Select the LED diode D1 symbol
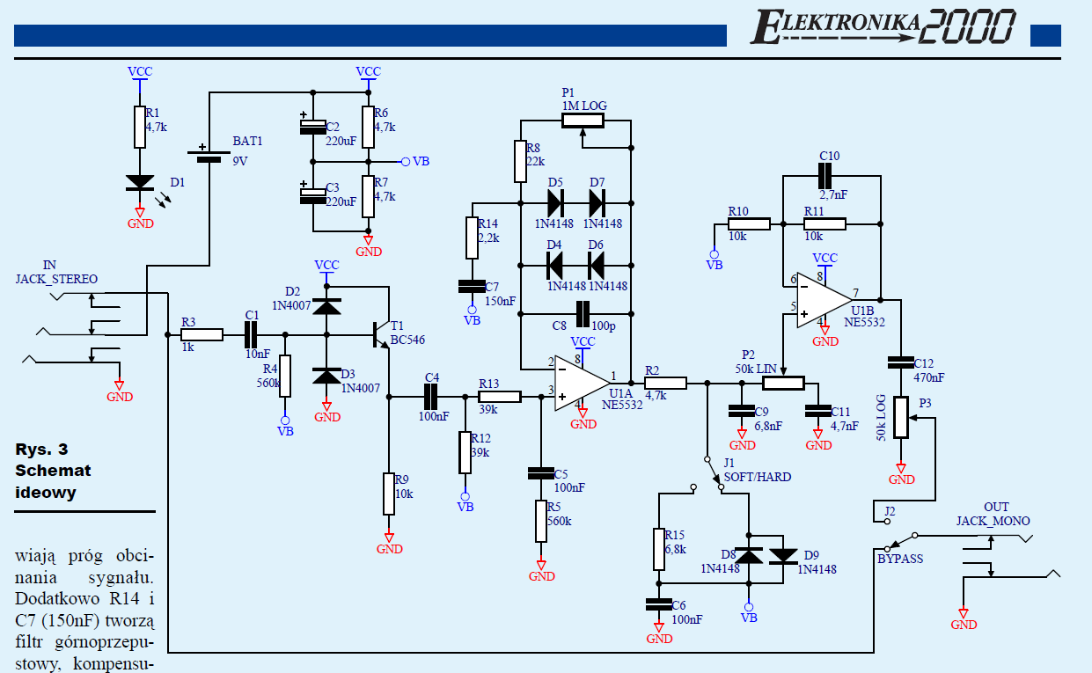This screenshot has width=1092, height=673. click(x=139, y=182)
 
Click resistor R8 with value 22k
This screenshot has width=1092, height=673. click(x=519, y=162)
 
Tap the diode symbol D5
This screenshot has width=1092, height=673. click(x=555, y=203)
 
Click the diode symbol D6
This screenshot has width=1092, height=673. click(x=596, y=263)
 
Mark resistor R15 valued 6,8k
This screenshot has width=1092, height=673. click(x=658, y=549)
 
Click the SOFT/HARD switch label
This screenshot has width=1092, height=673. click(x=757, y=477)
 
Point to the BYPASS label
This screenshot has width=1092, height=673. click(x=899, y=559)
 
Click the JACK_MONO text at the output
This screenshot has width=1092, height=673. click(x=993, y=521)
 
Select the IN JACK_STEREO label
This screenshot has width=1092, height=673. click(x=56, y=273)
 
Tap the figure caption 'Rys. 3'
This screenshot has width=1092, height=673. click(x=41, y=449)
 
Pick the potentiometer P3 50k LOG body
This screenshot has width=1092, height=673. click(x=900, y=417)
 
